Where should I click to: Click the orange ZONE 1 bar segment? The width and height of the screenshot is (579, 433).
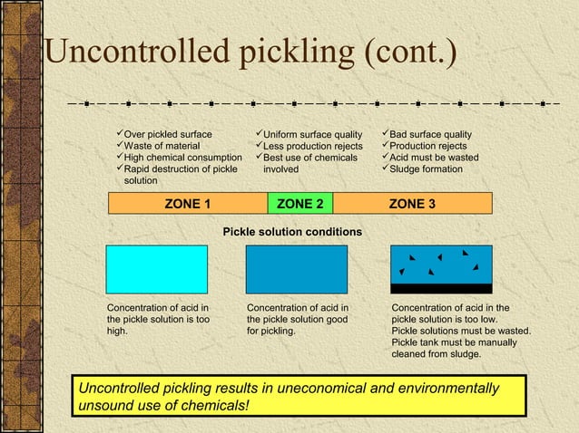(x=187, y=203)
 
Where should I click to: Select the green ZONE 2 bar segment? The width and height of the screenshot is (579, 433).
(x=300, y=203)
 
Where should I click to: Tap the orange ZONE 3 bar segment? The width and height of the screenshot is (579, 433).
(x=412, y=203)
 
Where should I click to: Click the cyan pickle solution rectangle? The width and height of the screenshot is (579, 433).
(x=156, y=269)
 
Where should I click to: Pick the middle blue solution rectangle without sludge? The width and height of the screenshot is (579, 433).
(x=296, y=269)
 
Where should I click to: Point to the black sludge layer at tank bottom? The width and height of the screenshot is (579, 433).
(x=441, y=288)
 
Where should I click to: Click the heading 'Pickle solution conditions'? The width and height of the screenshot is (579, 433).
(x=292, y=233)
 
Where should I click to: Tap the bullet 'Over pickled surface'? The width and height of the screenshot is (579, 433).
(x=168, y=134)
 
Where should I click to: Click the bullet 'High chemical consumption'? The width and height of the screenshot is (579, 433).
(x=182, y=158)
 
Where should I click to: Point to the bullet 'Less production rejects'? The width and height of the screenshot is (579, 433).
(x=312, y=146)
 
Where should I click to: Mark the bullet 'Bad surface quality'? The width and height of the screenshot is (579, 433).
(x=430, y=134)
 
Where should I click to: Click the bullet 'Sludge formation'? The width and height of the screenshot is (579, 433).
(x=425, y=169)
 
